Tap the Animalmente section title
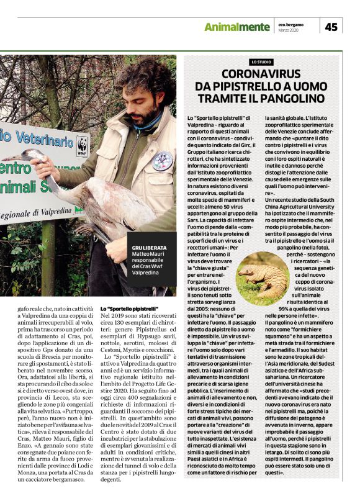[x=237, y=27]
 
